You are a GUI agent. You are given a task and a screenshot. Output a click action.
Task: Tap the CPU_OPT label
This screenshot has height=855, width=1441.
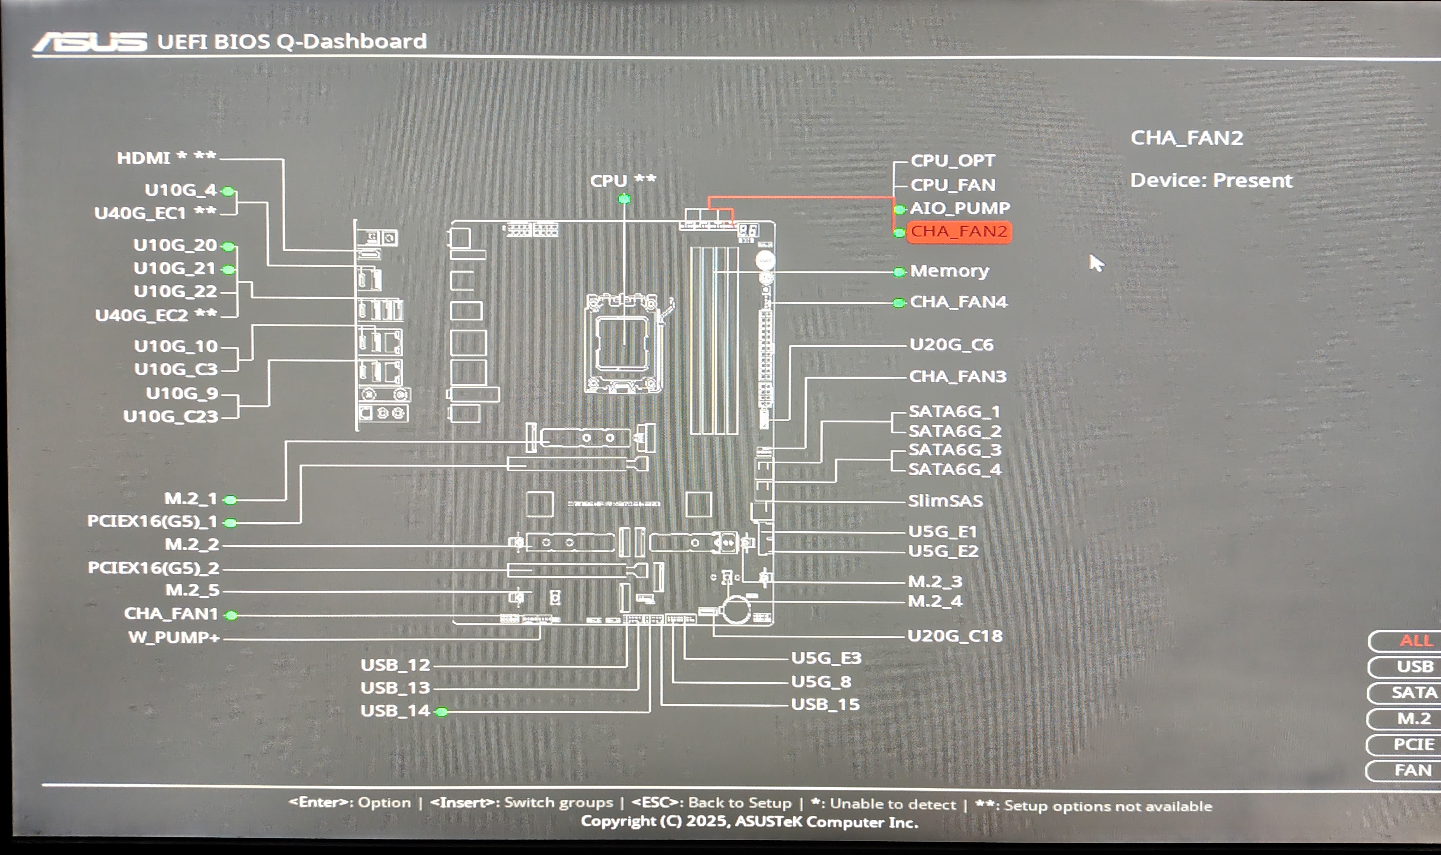953,161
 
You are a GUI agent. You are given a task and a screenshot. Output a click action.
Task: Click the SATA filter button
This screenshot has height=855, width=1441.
1413,693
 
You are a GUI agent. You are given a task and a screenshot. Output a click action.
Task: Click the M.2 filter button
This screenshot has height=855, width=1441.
1413,718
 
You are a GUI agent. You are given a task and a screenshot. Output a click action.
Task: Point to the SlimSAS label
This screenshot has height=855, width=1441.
945,501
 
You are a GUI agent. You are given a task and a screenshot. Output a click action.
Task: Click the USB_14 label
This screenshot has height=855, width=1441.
395,711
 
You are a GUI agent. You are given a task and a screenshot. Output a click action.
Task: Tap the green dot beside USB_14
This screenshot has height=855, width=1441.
442,712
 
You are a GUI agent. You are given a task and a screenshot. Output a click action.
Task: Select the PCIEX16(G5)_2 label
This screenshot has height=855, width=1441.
153,568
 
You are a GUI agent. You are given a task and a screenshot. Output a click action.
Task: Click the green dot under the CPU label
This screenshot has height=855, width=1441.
624,199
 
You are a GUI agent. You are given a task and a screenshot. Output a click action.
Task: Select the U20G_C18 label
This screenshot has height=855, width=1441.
955,636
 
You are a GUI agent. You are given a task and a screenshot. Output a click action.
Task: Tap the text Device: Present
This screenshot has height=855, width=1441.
1210,181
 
